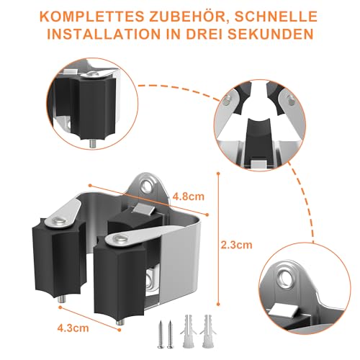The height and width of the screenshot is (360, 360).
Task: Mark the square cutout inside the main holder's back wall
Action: click(153, 277)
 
